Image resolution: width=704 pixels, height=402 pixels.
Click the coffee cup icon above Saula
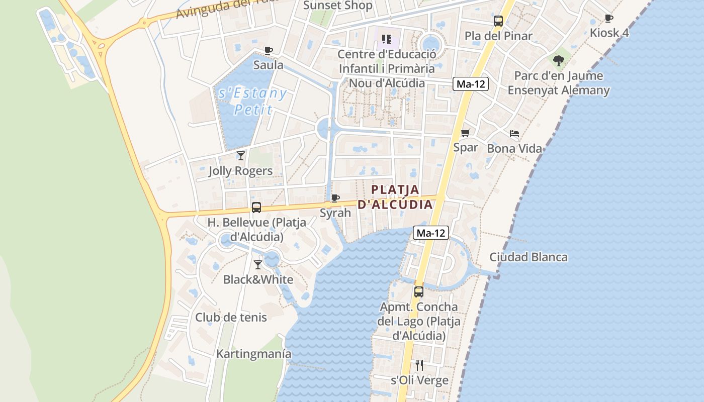pos(269,50)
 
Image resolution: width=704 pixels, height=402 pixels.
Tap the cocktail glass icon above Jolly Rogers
pos(241,155)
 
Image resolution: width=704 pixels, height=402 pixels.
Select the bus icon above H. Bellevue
pos(256,207)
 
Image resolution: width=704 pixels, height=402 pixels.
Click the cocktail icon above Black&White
pos(258,264)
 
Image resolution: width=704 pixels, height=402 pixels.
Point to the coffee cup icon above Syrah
pos(335,198)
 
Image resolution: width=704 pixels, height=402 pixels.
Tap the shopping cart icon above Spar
pos(466,133)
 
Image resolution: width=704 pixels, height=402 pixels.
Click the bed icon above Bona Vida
pos(514,134)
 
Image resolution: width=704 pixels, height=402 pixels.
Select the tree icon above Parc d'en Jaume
pos(558,61)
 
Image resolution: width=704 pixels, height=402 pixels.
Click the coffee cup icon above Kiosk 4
pos(609,19)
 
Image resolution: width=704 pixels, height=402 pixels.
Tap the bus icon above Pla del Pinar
pos(498,21)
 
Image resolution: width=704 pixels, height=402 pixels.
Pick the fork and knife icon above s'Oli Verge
pos(419,365)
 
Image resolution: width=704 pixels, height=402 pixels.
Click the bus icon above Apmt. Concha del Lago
pos(418,291)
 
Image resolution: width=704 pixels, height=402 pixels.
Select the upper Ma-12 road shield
pos(471,84)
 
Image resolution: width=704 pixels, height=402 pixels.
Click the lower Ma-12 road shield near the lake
pos(431,233)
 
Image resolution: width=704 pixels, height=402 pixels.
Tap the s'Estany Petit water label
pos(253,101)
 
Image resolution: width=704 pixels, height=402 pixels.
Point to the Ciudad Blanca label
pos(529,257)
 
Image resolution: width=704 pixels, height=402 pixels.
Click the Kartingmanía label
pos(253,354)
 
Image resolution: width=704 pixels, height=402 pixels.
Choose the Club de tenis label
pos(231,317)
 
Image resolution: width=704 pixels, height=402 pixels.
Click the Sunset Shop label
pos(338,6)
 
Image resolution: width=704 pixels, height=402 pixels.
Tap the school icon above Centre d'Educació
pos(387,39)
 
